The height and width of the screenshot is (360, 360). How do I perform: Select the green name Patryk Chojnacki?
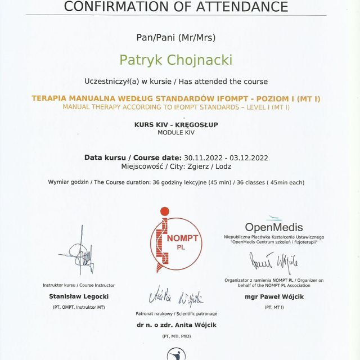tap(175, 59)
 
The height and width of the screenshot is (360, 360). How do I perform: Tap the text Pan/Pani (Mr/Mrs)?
tap(175, 38)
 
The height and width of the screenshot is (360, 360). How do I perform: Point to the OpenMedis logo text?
tap(274, 227)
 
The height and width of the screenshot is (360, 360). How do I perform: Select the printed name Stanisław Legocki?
tap(79, 296)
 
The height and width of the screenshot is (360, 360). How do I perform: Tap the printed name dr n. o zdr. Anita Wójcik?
tap(176, 325)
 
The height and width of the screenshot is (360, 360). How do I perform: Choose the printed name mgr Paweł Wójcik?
tap(274, 296)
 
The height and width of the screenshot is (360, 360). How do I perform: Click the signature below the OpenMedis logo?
tap(274, 262)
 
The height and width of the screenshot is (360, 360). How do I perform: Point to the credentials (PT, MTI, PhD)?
tap(176, 336)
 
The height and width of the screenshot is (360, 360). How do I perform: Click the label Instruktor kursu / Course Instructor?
tap(79, 285)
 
